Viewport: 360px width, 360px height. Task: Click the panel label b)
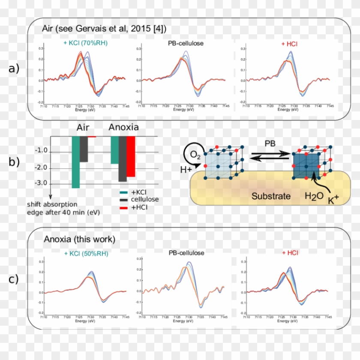(14, 162)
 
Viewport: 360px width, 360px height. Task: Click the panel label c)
(14, 279)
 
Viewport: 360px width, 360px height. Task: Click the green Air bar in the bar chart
(76, 162)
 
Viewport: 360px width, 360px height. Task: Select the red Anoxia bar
(131, 156)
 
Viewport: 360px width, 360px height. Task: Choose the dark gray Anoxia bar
(123, 159)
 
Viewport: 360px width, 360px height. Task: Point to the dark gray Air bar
(84, 149)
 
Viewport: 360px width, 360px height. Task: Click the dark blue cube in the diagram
(307, 165)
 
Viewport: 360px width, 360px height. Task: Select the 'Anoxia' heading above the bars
(123, 127)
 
